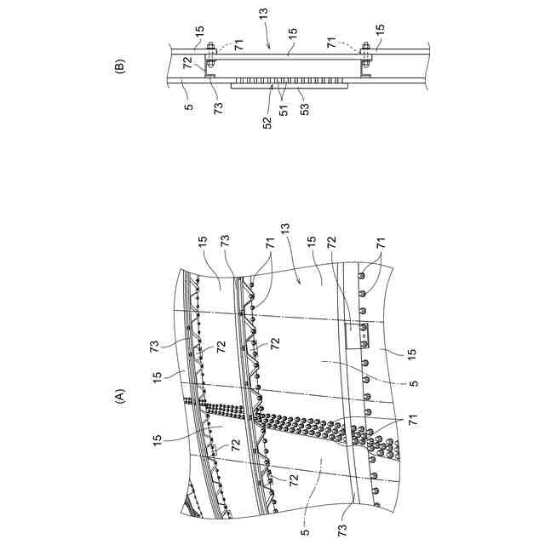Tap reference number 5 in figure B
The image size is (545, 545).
189,108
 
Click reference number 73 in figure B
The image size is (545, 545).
218,108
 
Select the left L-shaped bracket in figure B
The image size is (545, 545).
208,72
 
